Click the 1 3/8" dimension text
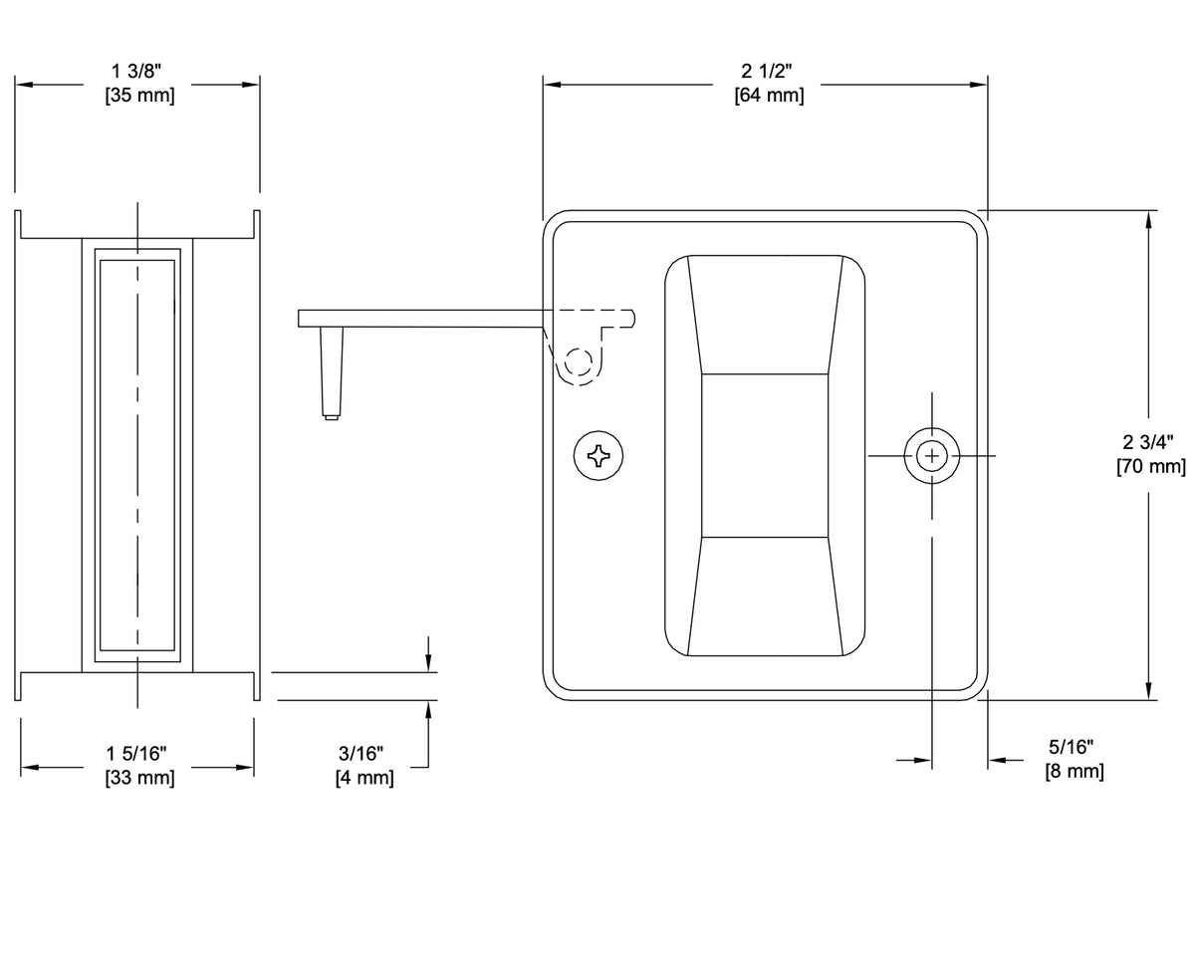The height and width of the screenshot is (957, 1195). (137, 71)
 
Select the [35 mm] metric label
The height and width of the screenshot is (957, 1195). (138, 97)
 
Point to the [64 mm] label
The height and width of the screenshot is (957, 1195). (768, 97)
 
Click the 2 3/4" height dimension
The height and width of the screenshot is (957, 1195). (1149, 441)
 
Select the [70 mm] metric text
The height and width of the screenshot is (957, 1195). (1151, 466)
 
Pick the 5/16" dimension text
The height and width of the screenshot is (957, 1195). (1073, 746)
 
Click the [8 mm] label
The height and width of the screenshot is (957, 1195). (1074, 772)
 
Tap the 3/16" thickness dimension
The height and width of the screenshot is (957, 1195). (361, 752)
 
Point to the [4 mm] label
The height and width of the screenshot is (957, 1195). (363, 778)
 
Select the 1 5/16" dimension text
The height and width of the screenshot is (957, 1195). (137, 752)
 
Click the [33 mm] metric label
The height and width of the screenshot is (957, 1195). (138, 778)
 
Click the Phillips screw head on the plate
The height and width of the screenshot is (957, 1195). (600, 456)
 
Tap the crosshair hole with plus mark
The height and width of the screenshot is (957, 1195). (932, 456)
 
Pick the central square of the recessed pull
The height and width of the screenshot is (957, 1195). (765, 456)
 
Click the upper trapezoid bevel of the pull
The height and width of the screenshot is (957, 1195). (765, 315)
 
